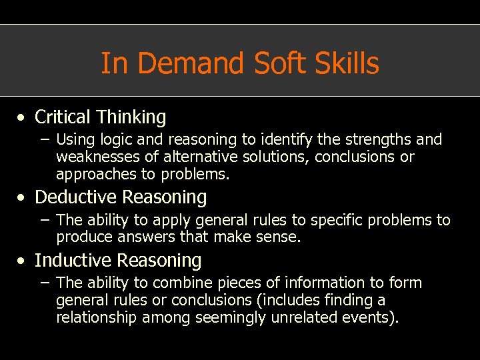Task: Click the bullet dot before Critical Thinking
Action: click(x=23, y=118)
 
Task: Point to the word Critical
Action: click(x=63, y=117)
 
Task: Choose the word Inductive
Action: click(x=70, y=260)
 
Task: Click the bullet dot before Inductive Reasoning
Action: click(x=23, y=261)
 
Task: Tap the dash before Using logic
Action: click(x=45, y=140)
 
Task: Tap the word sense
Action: click(x=281, y=237)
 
